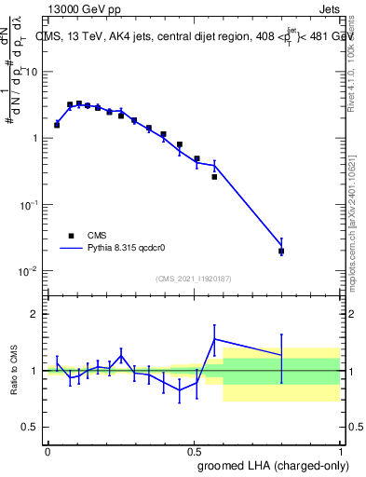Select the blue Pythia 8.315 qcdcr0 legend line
71,249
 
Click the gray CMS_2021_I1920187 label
194,278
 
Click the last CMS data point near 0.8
281,251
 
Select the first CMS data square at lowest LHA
57,125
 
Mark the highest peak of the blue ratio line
215,339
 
